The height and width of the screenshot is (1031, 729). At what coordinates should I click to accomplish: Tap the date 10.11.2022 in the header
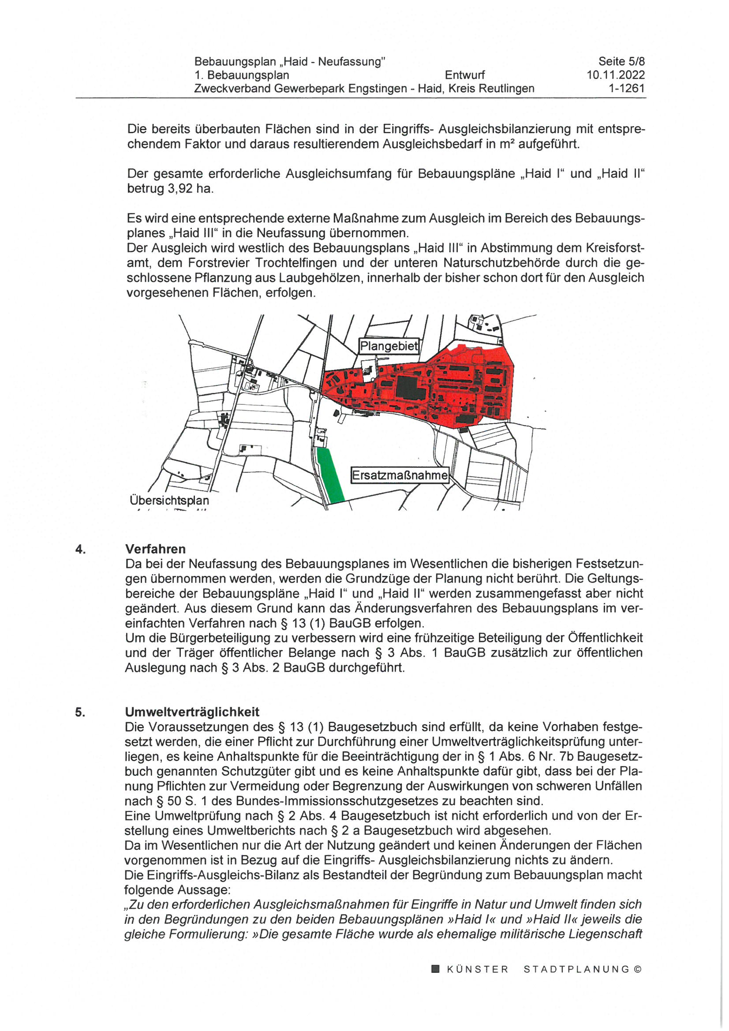coord(615,75)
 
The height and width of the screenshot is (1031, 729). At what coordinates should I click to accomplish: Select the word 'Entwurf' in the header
coord(464,75)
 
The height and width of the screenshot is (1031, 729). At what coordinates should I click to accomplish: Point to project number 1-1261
coord(626,89)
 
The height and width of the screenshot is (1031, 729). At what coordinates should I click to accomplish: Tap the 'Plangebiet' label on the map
coord(389,346)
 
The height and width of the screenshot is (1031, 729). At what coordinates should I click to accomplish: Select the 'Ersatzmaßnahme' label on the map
coord(399,475)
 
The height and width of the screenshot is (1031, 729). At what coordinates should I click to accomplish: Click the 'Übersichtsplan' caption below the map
coord(169,500)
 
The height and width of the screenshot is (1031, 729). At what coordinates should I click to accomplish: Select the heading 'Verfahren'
coord(155,549)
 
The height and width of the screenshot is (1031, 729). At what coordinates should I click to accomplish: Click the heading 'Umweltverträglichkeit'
coord(192,712)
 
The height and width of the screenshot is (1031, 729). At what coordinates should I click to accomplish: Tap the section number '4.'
coord(80,549)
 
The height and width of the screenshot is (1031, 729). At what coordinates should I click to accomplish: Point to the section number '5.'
coord(80,712)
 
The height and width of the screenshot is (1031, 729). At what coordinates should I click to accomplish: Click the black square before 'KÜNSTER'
coord(435,969)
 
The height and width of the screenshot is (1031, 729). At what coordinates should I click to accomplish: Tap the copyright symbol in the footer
coord(638,969)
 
